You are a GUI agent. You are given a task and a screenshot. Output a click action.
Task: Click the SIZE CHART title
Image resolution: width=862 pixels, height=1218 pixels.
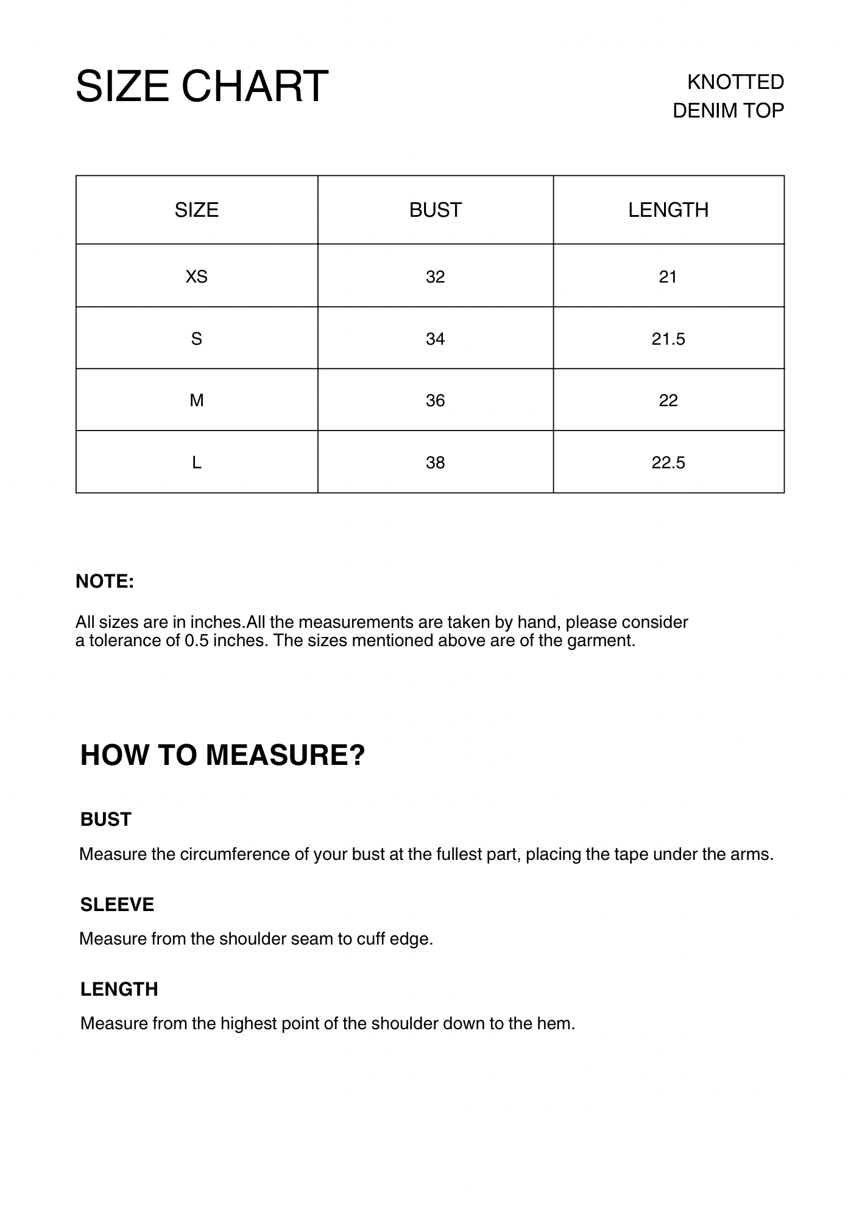click(x=202, y=86)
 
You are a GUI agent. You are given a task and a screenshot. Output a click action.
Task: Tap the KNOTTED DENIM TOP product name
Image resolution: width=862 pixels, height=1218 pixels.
click(x=729, y=96)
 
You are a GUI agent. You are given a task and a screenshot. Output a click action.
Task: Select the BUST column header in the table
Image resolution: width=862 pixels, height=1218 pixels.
click(x=435, y=210)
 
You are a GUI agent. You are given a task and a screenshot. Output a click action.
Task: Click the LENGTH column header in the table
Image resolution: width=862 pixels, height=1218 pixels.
click(x=668, y=210)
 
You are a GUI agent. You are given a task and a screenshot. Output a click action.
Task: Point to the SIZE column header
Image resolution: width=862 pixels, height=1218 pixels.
click(x=196, y=210)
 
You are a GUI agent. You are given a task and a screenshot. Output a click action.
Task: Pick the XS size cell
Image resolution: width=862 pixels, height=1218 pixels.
click(x=196, y=277)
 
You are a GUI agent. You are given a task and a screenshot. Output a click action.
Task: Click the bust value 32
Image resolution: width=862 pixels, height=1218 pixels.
click(x=435, y=277)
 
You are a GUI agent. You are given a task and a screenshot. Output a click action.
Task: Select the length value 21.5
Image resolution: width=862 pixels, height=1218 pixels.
click(x=668, y=339)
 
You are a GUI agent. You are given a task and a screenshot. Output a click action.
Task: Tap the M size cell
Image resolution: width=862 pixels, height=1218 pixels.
click(x=196, y=400)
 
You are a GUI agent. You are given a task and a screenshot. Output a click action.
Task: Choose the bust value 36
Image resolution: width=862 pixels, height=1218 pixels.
click(x=435, y=400)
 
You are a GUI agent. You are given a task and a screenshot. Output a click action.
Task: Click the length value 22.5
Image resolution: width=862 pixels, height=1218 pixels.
click(x=668, y=463)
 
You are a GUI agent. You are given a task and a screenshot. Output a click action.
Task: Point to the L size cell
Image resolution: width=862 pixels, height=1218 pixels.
click(x=196, y=463)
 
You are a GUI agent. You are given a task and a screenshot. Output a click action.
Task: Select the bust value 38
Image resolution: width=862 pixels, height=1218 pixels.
click(x=435, y=463)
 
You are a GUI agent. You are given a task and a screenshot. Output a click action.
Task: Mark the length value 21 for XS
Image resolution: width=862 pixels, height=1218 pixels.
click(x=668, y=277)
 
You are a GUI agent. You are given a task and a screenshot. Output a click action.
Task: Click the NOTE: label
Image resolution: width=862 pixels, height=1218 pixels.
click(x=105, y=582)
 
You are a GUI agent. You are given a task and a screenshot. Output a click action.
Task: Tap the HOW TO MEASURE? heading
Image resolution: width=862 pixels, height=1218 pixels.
click(x=222, y=755)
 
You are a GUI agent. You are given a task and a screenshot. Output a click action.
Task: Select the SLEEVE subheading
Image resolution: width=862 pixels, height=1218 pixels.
click(x=117, y=905)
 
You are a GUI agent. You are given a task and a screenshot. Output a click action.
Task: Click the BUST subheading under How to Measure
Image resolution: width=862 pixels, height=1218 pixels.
click(x=106, y=820)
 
